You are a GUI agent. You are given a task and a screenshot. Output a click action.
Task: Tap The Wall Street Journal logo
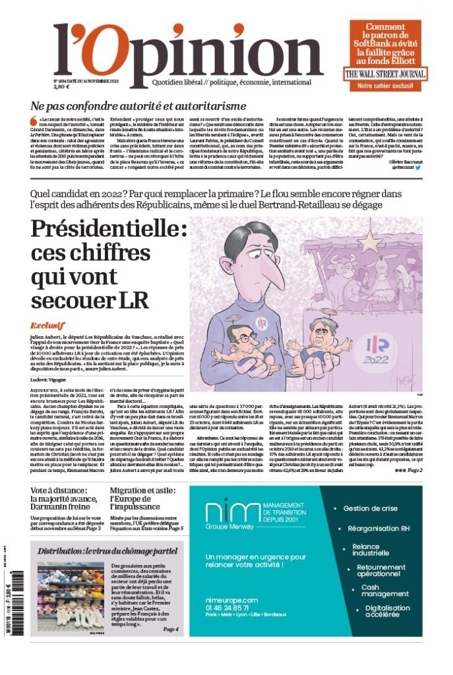(381, 73)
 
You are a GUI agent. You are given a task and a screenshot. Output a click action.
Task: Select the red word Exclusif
(47, 326)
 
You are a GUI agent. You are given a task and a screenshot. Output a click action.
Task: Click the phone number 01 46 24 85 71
(231, 607)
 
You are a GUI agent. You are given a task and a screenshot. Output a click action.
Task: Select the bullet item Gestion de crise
(370, 509)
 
